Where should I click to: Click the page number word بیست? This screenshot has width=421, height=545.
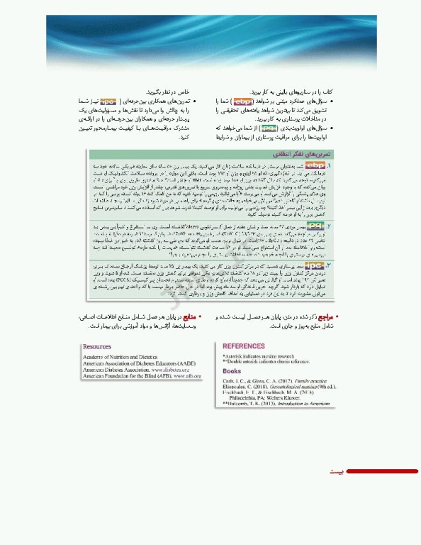pos(340,470)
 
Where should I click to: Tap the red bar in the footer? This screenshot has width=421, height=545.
pos(383,470)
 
